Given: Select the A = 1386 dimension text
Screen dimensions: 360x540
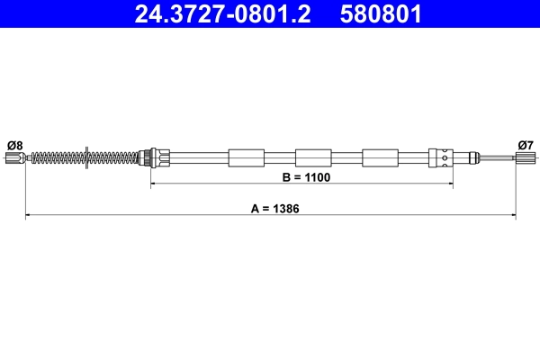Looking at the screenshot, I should point(274,208).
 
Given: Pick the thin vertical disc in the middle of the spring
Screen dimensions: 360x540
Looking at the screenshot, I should point(86,158).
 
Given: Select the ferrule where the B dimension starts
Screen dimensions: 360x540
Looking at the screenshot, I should point(155,158).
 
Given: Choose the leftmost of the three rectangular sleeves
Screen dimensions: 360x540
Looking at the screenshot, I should point(247,158).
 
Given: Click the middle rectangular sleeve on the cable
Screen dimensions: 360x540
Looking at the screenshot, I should point(313,158).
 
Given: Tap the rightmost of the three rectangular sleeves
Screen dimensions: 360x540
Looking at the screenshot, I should point(380,158).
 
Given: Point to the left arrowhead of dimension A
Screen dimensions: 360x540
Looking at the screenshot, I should point(28,216).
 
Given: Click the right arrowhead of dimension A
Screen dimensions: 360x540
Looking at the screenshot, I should point(512,216).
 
